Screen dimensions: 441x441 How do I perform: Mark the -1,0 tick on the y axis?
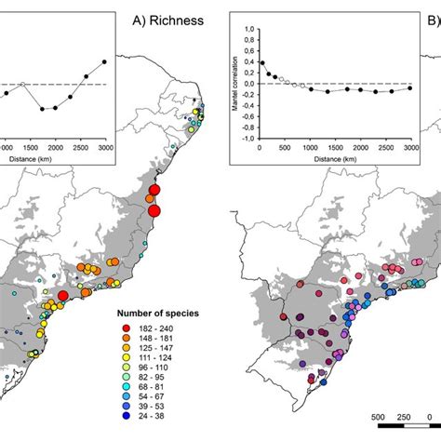(x=246, y=139)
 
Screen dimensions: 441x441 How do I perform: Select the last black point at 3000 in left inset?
(x=104, y=61)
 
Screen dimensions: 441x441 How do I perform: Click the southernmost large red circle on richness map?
(x=62, y=296)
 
